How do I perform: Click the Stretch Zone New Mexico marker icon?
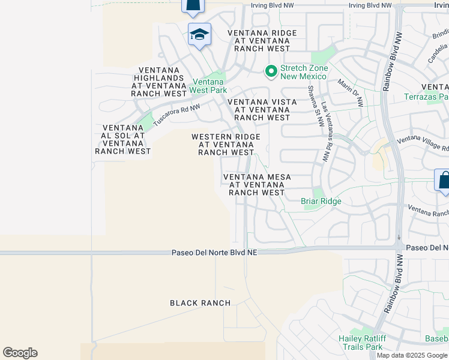[x=271, y=72]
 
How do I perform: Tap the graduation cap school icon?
[x=199, y=35]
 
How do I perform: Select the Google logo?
[x=20, y=353]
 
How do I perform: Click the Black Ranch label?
[x=200, y=303]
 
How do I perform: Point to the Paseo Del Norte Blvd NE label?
[x=214, y=253]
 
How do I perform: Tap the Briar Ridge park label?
[x=321, y=201]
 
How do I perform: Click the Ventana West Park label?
[x=208, y=86]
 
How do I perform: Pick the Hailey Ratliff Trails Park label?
[x=361, y=343]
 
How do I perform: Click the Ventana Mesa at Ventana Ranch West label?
[x=257, y=185]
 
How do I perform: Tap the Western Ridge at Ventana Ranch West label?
[x=226, y=145]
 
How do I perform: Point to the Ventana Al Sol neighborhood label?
[x=122, y=139]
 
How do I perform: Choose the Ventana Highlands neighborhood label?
[x=160, y=82]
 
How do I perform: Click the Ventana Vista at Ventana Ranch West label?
[x=262, y=110]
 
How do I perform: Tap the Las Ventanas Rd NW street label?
[x=325, y=131]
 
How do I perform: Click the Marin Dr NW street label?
[x=351, y=93]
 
